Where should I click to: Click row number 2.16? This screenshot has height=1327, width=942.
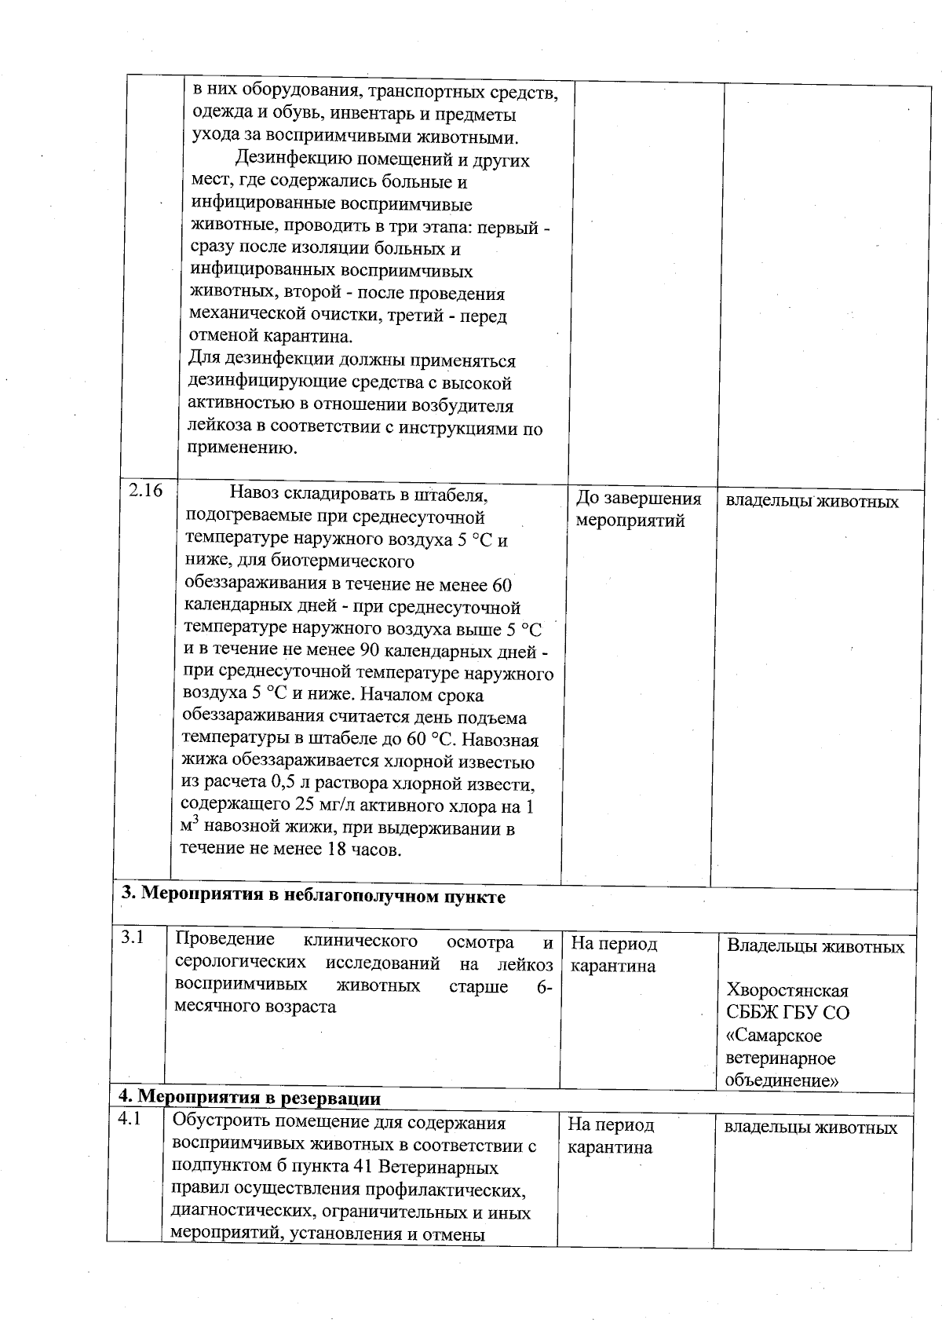[x=145, y=491]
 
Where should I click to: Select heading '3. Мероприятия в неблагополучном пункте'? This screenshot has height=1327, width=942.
[x=313, y=897]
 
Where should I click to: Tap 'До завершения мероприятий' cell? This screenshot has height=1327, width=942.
[x=638, y=510]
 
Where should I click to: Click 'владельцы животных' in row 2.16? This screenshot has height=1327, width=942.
[x=812, y=501]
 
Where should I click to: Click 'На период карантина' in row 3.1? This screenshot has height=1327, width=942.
[x=613, y=955]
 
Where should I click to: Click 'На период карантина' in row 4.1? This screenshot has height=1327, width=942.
[x=611, y=1136]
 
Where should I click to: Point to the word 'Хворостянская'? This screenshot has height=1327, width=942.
[x=787, y=990]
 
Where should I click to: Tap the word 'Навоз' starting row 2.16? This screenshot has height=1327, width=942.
[x=254, y=495]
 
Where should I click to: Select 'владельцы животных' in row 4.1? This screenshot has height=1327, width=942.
[x=810, y=1128]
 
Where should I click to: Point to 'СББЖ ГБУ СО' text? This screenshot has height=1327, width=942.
[x=787, y=1013]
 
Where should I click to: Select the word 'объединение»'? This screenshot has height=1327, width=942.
[x=781, y=1081]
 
